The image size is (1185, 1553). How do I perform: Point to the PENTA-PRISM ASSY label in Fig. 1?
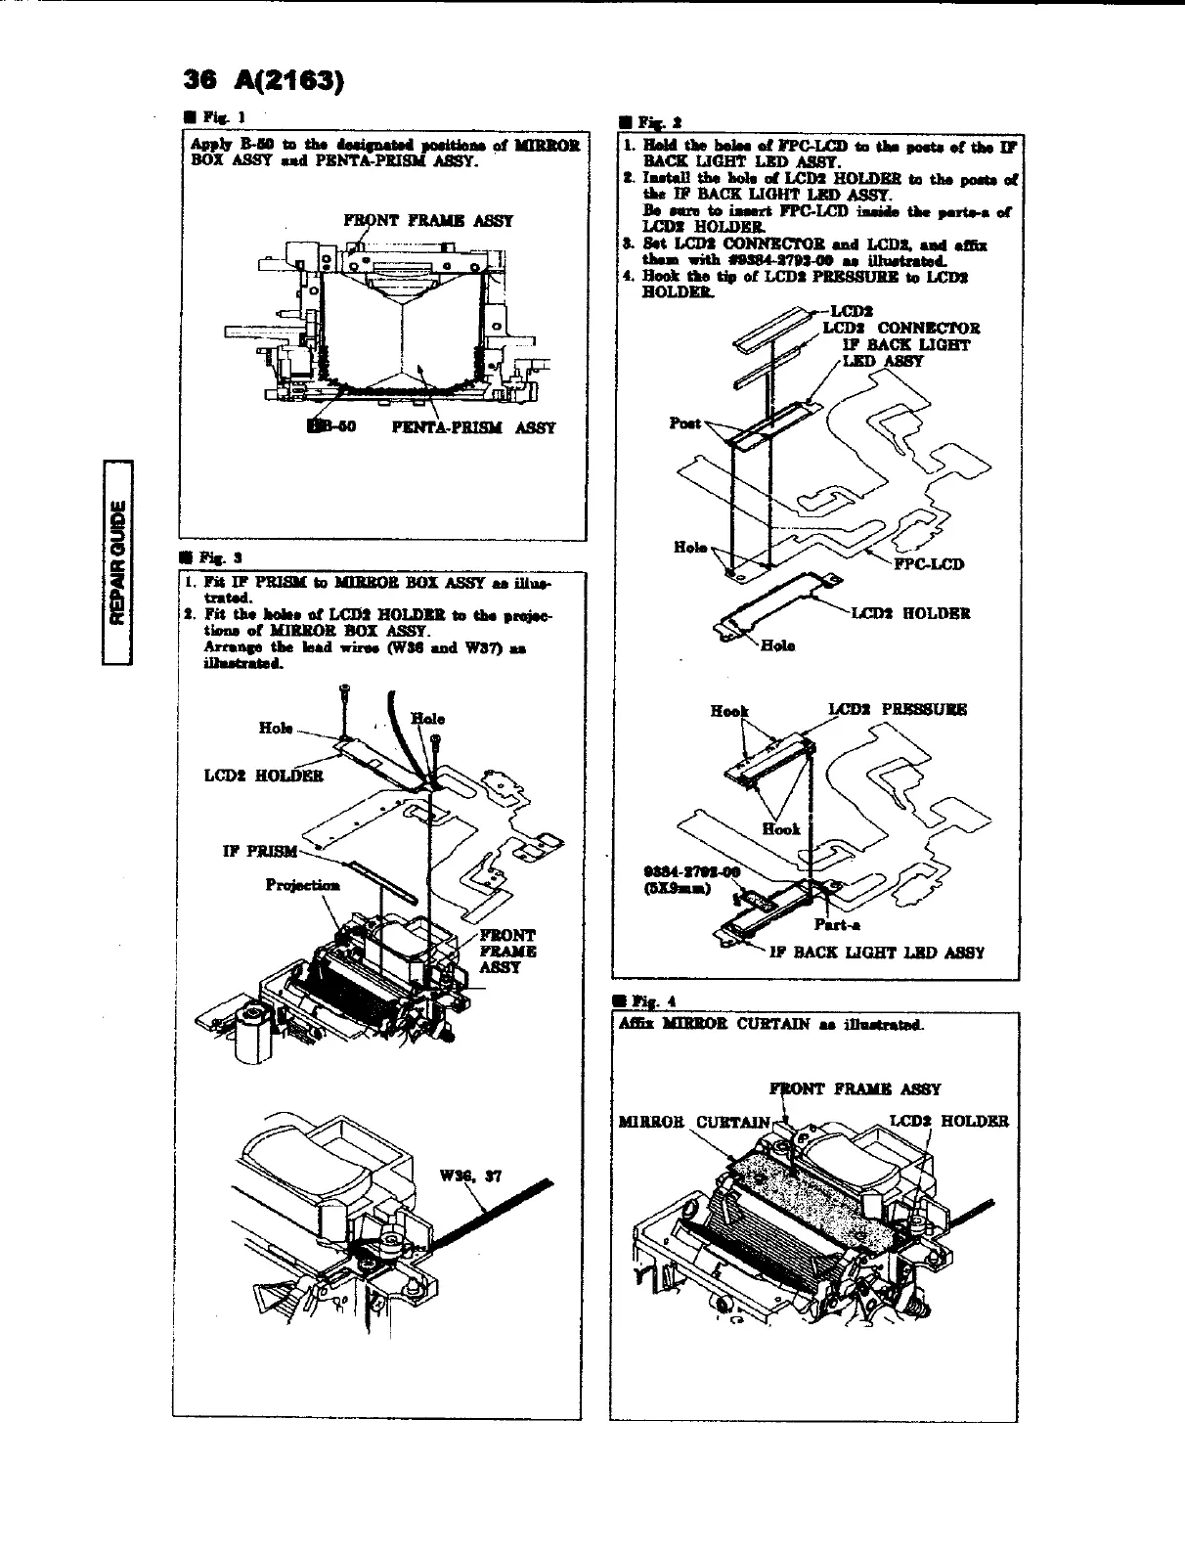(x=474, y=427)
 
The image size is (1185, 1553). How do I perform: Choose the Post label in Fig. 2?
(x=685, y=422)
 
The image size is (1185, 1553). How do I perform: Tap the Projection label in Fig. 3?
(x=303, y=885)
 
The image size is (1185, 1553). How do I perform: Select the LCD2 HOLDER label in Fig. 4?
(x=948, y=1121)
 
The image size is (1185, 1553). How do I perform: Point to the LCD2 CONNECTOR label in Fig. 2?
(x=900, y=329)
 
